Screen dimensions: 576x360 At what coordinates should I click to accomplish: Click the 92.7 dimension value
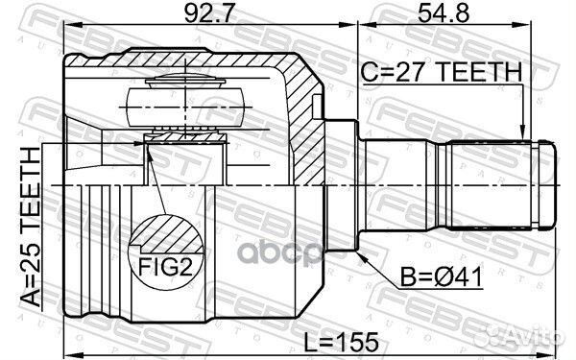click(x=208, y=13)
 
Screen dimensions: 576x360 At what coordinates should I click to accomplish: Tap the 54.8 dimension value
click(x=444, y=13)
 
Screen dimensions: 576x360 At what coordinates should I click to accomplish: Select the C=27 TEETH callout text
click(x=441, y=72)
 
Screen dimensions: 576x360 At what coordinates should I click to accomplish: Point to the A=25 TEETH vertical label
click(x=30, y=227)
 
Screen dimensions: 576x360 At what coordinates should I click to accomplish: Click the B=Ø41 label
click(x=441, y=277)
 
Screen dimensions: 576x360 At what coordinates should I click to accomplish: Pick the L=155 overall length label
click(x=341, y=342)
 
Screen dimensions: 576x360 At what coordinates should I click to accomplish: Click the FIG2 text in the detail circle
click(x=165, y=267)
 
